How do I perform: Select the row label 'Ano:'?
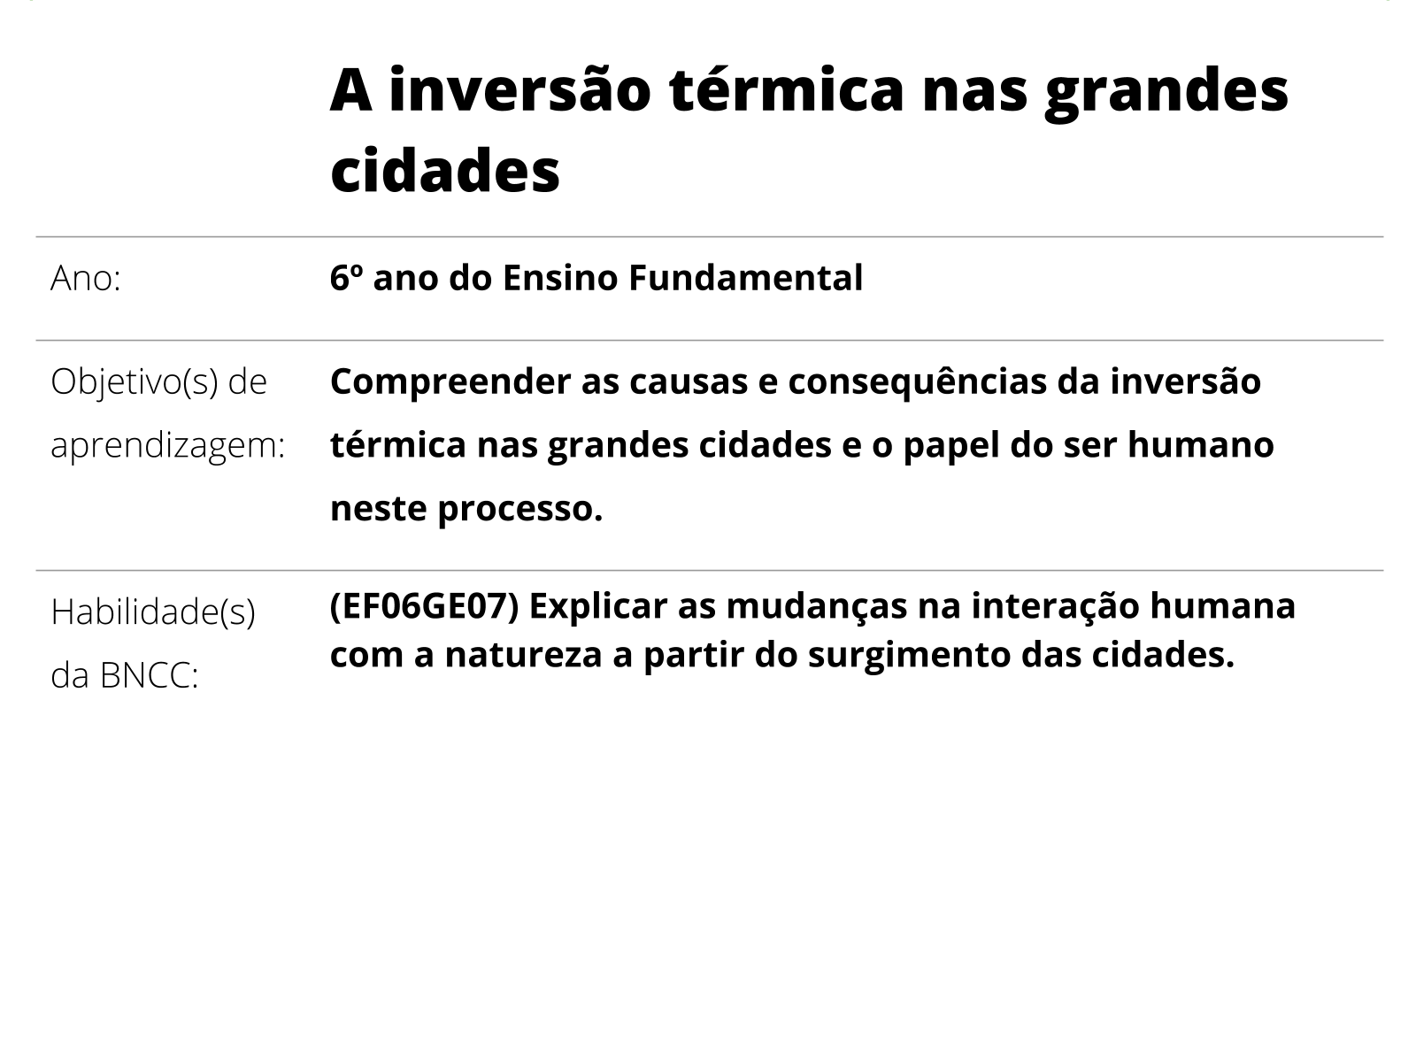[86, 279]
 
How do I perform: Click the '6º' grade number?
[346, 278]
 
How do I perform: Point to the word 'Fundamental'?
[745, 278]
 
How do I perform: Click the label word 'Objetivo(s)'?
[134, 382]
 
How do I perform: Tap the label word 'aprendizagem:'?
[168, 446]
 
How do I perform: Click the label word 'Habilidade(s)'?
[153, 612]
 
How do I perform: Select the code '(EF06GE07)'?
[424, 607]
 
